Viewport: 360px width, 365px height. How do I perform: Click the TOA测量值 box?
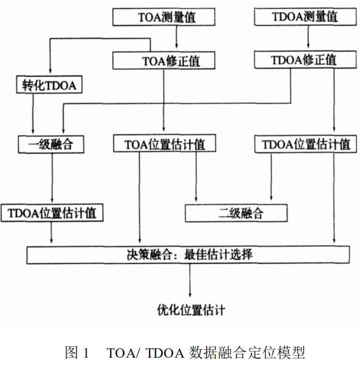pyautogui.click(x=164, y=17)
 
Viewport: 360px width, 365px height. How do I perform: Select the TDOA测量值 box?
pyautogui.click(x=305, y=16)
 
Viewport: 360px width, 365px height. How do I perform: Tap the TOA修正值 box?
pyautogui.click(x=164, y=60)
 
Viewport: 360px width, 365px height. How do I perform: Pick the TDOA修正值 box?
pyautogui.click(x=305, y=60)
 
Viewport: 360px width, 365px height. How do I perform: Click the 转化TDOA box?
pyautogui.click(x=49, y=85)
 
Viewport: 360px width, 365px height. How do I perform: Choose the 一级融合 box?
pyautogui.click(x=51, y=145)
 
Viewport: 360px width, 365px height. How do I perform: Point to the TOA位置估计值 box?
pyautogui.click(x=165, y=144)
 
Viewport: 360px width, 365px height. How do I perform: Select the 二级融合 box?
pyautogui.click(x=236, y=213)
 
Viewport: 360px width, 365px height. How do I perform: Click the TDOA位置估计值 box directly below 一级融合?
pyautogui.click(x=52, y=213)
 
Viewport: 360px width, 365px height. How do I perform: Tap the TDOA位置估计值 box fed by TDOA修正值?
pyautogui.click(x=305, y=144)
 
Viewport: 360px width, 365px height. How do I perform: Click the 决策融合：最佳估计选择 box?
pyautogui.click(x=188, y=255)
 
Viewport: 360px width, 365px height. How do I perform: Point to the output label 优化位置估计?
pyautogui.click(x=191, y=310)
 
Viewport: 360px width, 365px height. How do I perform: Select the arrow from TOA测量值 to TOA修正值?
pyautogui.click(x=176, y=36)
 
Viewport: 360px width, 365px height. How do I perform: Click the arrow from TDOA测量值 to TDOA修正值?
pyautogui.click(x=308, y=36)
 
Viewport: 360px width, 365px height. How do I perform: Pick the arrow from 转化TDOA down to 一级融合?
pyautogui.click(x=33, y=113)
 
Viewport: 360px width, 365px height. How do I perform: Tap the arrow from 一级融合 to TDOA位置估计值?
pyautogui.click(x=52, y=178)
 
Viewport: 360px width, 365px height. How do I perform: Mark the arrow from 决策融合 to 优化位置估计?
pyautogui.click(x=190, y=280)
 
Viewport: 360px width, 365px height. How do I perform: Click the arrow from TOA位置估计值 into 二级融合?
pyautogui.click(x=196, y=177)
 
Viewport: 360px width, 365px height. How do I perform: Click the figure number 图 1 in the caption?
pyautogui.click(x=77, y=352)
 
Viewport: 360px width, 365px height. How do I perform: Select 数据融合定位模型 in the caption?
pyautogui.click(x=247, y=352)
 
